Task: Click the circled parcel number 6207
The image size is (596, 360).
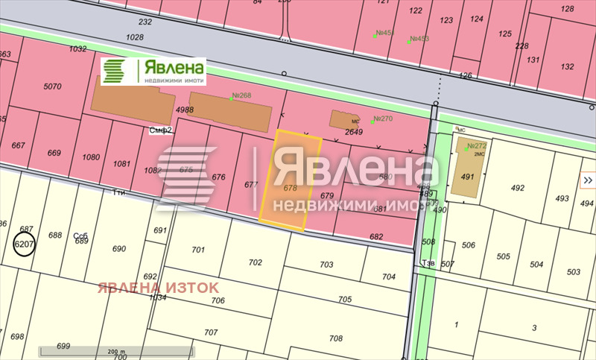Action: pos(25,244)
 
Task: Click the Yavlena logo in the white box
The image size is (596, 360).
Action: pos(153,72)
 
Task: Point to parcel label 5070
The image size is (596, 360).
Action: pos(52,86)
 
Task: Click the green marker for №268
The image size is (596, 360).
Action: pos(232,99)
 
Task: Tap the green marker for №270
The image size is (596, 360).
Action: pos(372,121)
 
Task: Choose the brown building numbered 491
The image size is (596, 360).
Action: pos(467,177)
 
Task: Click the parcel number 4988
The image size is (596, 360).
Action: pos(185,110)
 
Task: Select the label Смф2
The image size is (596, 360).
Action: pos(160,130)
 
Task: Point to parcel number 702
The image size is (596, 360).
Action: pos(256,262)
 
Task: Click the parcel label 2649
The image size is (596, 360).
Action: pos(354,132)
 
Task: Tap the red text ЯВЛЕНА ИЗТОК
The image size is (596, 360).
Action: pos(158,287)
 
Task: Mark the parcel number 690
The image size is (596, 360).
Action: pos(118,248)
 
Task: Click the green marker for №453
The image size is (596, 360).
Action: pos(409,41)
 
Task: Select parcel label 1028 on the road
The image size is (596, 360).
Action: pos(135,37)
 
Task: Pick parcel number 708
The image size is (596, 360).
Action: pos(336,338)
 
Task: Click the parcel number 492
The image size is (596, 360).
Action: pos(518,188)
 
